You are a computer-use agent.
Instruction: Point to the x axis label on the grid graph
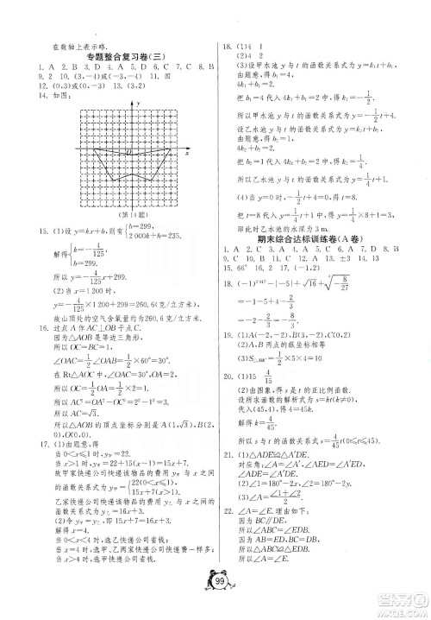[187, 153]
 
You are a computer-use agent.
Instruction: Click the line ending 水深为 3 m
[284, 227]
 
